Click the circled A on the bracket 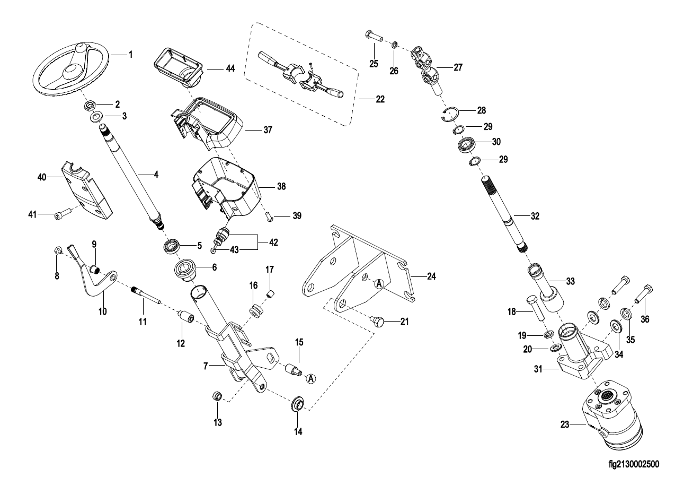pyautogui.click(x=379, y=284)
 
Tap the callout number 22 pyautogui.click(x=380, y=99)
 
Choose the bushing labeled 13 pyautogui.click(x=217, y=396)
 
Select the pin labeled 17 pyautogui.click(x=269, y=293)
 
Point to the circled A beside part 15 pyautogui.click(x=311, y=378)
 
